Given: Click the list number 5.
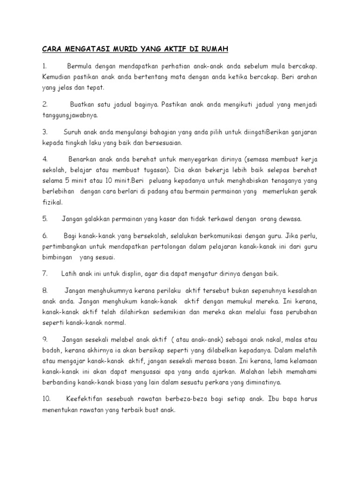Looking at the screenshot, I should point(45,218).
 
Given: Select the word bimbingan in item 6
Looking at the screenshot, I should point(58,257).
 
